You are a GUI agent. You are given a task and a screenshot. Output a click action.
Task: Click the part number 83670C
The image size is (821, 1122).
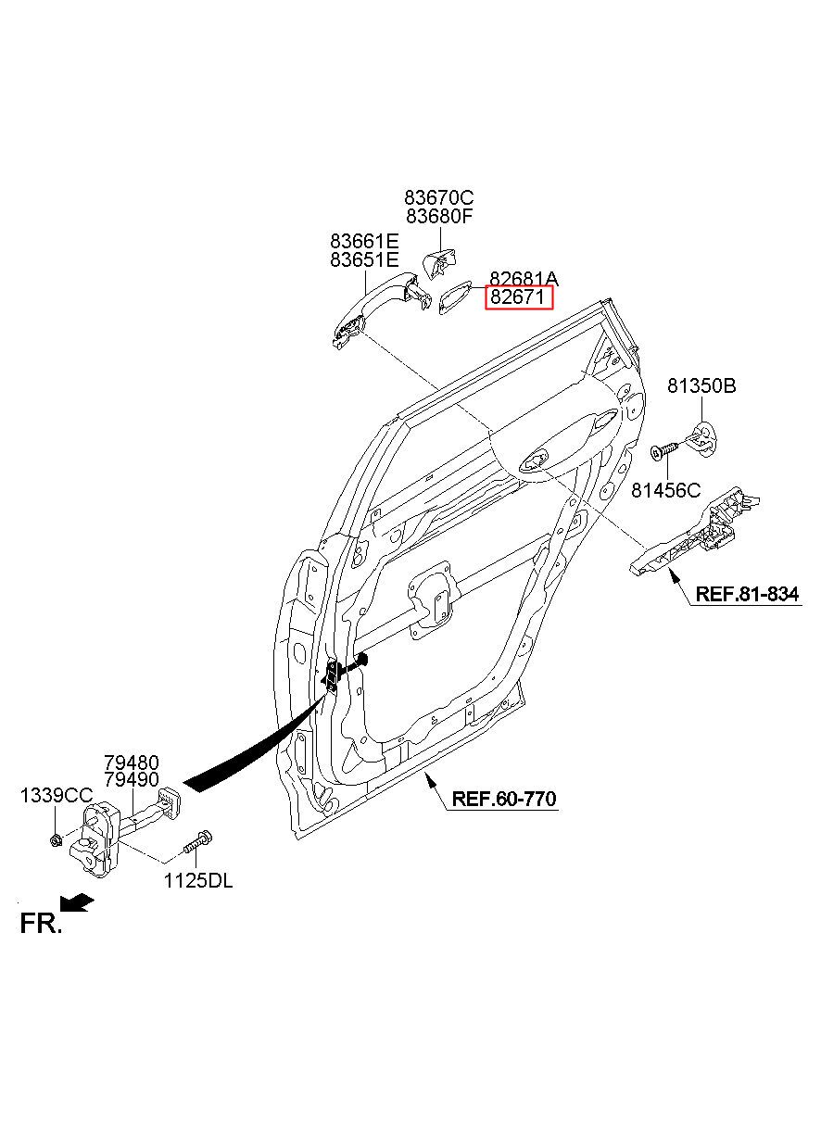(x=438, y=198)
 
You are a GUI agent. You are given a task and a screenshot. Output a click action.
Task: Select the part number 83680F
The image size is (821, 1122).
(x=439, y=217)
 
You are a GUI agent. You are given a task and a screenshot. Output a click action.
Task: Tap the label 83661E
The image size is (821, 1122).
(x=364, y=242)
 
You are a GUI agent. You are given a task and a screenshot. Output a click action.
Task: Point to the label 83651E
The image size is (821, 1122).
(x=364, y=259)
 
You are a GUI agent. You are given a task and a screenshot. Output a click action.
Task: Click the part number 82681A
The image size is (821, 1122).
(x=524, y=279)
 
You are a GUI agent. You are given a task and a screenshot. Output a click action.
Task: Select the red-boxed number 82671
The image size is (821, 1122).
(x=517, y=297)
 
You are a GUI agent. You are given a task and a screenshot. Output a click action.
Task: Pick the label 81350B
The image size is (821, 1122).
(x=701, y=386)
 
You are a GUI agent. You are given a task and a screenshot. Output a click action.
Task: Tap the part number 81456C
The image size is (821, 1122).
(x=665, y=490)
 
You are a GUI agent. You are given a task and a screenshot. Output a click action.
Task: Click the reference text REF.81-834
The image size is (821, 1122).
(x=747, y=594)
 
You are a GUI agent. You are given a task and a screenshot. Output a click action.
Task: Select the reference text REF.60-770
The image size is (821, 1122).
(x=504, y=799)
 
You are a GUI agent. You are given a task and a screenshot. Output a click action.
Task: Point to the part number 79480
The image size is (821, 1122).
(x=132, y=763)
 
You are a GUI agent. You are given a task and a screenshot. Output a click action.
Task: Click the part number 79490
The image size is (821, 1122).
(x=132, y=779)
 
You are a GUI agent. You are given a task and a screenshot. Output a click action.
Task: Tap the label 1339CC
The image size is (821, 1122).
(x=57, y=796)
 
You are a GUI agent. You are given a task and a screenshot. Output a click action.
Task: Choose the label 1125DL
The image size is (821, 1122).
(x=198, y=881)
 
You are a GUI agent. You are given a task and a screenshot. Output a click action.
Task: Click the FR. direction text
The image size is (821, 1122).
(x=41, y=923)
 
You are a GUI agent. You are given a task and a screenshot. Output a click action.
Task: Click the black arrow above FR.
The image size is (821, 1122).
(x=76, y=902)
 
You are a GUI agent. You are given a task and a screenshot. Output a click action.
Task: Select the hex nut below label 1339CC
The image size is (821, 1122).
(x=56, y=839)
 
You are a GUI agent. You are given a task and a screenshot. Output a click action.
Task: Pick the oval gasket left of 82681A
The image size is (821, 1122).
(x=455, y=297)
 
